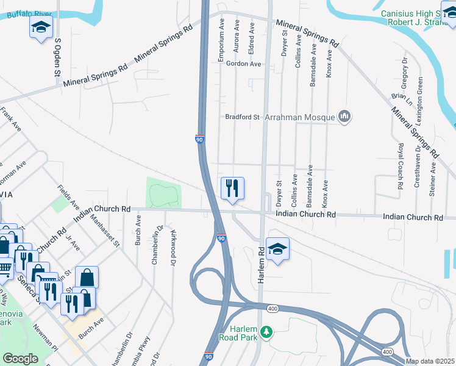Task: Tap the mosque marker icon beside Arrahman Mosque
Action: (344, 116)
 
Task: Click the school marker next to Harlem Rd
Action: (277, 249)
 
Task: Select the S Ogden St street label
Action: (59, 57)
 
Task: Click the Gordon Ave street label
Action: (243, 64)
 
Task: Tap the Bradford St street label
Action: (243, 117)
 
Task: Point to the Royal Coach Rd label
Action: (401, 167)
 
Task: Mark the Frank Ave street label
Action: (11, 120)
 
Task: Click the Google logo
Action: (20, 359)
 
